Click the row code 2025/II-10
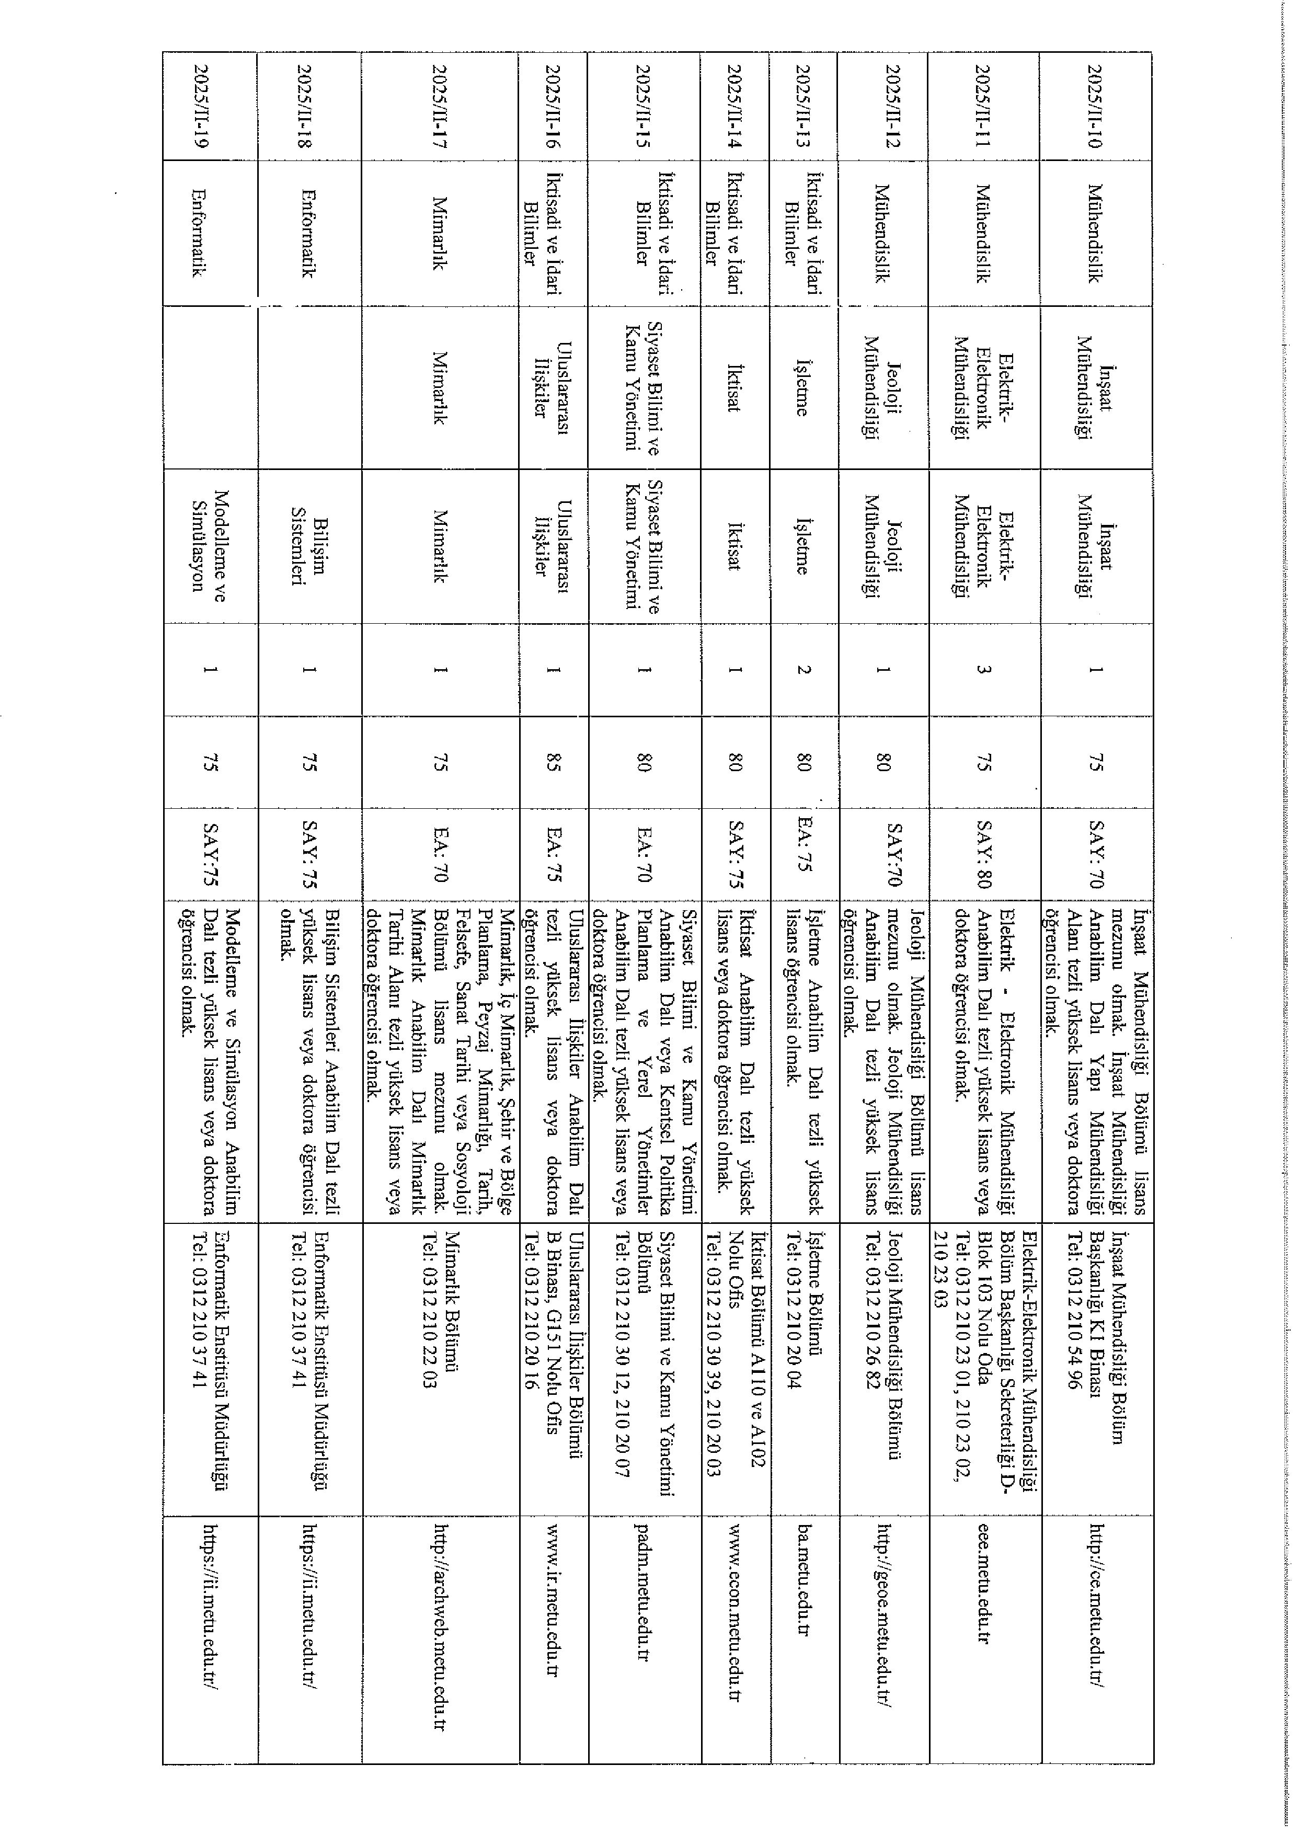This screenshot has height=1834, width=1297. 1095,105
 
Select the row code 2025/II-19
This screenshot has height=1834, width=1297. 200,105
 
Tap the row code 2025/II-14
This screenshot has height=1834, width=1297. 734,105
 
